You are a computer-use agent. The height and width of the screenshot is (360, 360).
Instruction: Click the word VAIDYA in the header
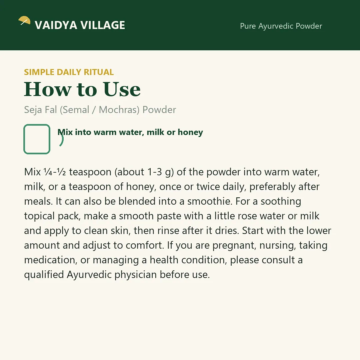point(56,25)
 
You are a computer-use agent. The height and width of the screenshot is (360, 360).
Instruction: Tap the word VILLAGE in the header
point(103,25)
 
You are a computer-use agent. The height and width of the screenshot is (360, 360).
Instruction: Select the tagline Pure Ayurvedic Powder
point(281,26)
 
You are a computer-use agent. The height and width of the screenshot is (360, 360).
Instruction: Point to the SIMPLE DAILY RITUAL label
point(69,72)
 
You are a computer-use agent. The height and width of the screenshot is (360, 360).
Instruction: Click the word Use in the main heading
point(122,89)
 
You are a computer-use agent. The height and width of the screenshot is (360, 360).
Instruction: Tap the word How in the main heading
point(48,89)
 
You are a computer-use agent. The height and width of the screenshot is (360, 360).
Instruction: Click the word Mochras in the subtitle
point(119,110)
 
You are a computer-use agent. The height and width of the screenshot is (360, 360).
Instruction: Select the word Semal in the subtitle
point(75,110)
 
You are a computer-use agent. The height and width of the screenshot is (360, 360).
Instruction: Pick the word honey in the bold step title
point(190,132)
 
